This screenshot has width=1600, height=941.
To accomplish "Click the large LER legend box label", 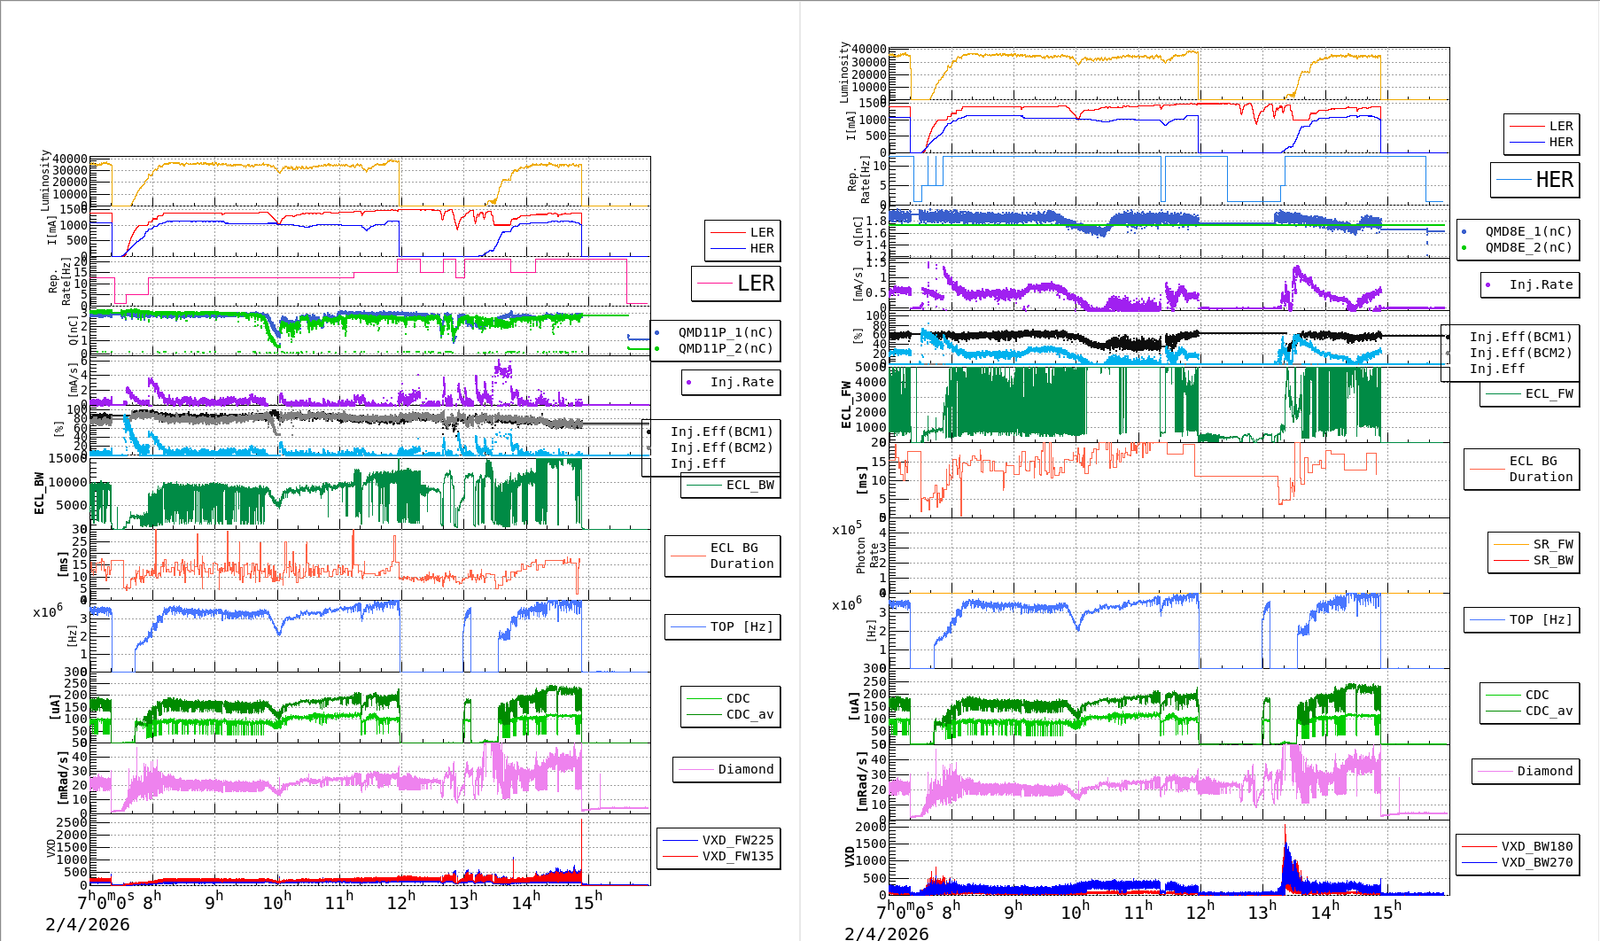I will (755, 284).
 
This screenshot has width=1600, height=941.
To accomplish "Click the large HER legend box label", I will (1554, 180).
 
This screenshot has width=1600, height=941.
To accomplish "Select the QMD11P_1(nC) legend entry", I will (725, 332).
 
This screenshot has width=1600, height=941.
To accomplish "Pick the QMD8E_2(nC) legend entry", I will (1528, 247).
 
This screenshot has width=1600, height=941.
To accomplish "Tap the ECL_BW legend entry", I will (750, 485).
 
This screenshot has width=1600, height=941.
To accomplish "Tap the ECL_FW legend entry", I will (1549, 393).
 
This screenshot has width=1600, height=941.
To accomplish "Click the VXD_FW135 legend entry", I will (737, 856).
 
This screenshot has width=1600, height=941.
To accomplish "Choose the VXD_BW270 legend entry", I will (1536, 862).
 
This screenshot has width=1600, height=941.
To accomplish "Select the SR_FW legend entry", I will (1553, 544).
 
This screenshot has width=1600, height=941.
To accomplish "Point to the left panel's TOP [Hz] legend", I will (741, 626).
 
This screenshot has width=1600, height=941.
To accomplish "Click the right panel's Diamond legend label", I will (1544, 771).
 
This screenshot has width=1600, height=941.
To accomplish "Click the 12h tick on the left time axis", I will (400, 902).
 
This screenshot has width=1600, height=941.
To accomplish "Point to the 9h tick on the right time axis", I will (1012, 911).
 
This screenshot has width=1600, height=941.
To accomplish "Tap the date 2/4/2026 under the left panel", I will (88, 925).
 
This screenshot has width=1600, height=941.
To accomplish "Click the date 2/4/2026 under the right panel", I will (887, 933).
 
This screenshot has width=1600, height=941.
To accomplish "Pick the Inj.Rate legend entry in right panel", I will (1541, 284).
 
